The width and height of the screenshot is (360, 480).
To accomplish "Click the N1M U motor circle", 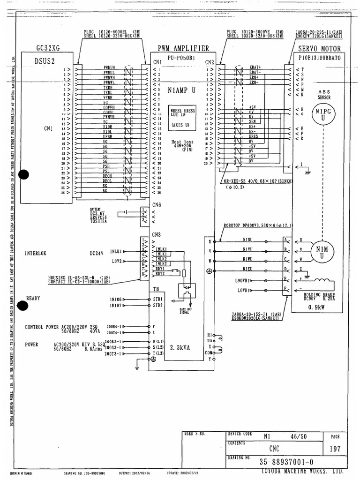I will (x=322, y=252).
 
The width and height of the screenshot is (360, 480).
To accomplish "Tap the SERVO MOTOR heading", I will (x=320, y=49).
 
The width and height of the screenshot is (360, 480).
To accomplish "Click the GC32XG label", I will (x=49, y=48).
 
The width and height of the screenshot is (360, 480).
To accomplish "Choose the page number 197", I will (x=335, y=448).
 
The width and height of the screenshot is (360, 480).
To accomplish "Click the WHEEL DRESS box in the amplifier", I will (x=182, y=117).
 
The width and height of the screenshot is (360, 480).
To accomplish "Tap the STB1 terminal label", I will (x=157, y=299).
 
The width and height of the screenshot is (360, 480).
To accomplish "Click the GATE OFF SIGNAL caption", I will (x=184, y=311).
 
